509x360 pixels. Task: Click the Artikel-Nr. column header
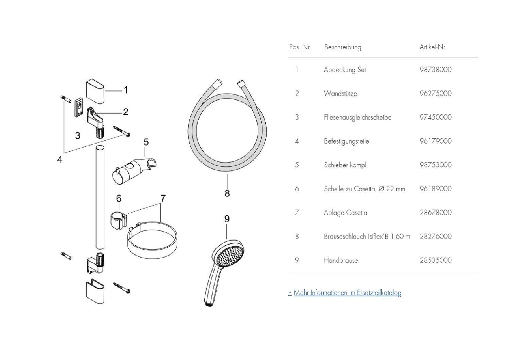pyautogui.click(x=432, y=47)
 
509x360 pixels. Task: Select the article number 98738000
pyautogui.click(x=436, y=70)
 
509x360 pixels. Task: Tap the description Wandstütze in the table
pyautogui.click(x=340, y=94)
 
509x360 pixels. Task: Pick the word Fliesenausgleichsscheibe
pyautogui.click(x=358, y=117)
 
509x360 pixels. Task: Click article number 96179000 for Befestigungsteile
pyautogui.click(x=436, y=141)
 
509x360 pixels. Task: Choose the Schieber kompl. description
pyautogui.click(x=346, y=165)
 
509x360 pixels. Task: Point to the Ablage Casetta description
pyautogui.click(x=345, y=213)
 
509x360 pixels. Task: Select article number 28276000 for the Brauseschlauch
pyautogui.click(x=436, y=236)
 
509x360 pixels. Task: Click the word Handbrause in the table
pyautogui.click(x=341, y=260)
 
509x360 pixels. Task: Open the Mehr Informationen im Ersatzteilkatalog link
pyautogui.click(x=347, y=293)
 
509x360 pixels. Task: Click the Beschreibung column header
pyautogui.click(x=342, y=47)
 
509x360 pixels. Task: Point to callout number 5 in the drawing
pyautogui.click(x=146, y=142)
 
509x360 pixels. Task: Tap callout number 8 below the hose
pyautogui.click(x=227, y=193)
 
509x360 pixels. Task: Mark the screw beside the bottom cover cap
pyautogui.click(x=122, y=287)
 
